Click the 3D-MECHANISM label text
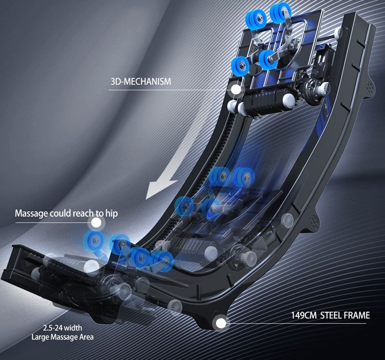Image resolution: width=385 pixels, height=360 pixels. click(x=141, y=82)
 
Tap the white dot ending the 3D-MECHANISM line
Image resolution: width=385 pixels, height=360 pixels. click(x=236, y=89)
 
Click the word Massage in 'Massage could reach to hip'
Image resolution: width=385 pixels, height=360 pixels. click(x=31, y=213)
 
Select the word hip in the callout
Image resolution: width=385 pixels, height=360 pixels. click(x=112, y=213)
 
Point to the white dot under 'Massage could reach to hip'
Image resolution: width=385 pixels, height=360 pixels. click(x=97, y=223)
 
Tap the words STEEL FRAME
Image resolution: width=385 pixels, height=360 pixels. click(x=345, y=315)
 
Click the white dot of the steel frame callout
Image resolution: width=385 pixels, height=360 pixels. click(x=221, y=323)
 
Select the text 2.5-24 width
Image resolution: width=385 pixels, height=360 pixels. click(x=63, y=328)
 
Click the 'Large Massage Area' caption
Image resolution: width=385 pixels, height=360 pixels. click(x=62, y=337)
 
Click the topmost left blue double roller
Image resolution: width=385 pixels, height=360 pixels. click(x=256, y=18)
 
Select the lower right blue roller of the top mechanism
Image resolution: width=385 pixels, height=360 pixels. click(x=268, y=60)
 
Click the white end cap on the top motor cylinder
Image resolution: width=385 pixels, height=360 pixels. click(x=288, y=101)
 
